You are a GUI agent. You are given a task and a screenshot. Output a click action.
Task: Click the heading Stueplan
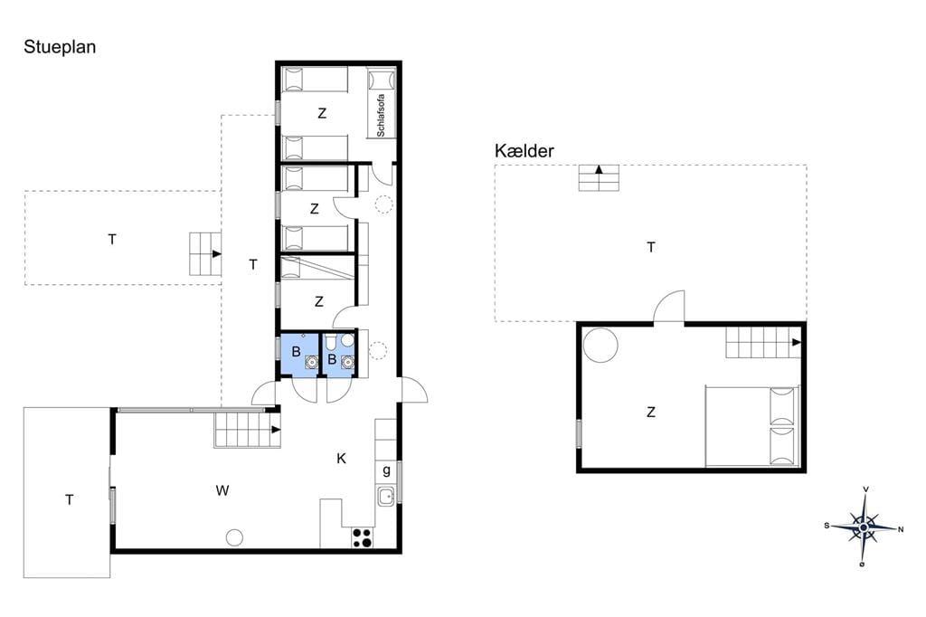60,47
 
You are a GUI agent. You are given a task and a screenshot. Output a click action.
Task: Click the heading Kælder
524,151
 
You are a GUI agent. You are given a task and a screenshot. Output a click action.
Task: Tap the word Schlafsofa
381,115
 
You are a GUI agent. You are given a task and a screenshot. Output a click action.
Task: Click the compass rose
864,527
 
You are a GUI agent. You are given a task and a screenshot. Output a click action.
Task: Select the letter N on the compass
900,529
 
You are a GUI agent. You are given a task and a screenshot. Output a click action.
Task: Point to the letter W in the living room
222,490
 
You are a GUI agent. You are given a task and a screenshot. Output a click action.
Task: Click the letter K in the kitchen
341,458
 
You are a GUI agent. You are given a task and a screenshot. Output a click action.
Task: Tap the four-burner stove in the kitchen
362,537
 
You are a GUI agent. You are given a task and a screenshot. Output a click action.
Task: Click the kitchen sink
386,496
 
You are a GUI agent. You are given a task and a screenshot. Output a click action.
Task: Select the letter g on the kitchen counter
386,471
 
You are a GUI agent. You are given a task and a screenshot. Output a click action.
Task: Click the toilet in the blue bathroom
330,342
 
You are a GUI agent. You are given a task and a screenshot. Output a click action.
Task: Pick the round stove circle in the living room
234,537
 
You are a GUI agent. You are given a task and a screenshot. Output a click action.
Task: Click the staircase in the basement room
763,342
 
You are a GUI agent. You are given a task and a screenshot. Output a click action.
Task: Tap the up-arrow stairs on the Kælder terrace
599,178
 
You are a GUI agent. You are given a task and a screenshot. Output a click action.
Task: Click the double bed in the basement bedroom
752,425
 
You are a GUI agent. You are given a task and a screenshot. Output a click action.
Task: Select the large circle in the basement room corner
600,344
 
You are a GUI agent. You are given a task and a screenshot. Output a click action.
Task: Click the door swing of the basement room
669,307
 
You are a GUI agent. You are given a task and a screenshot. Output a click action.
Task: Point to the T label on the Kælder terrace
651,247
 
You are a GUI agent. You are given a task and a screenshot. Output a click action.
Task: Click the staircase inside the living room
248,430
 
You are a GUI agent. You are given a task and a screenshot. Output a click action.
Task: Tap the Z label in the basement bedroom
651,412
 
